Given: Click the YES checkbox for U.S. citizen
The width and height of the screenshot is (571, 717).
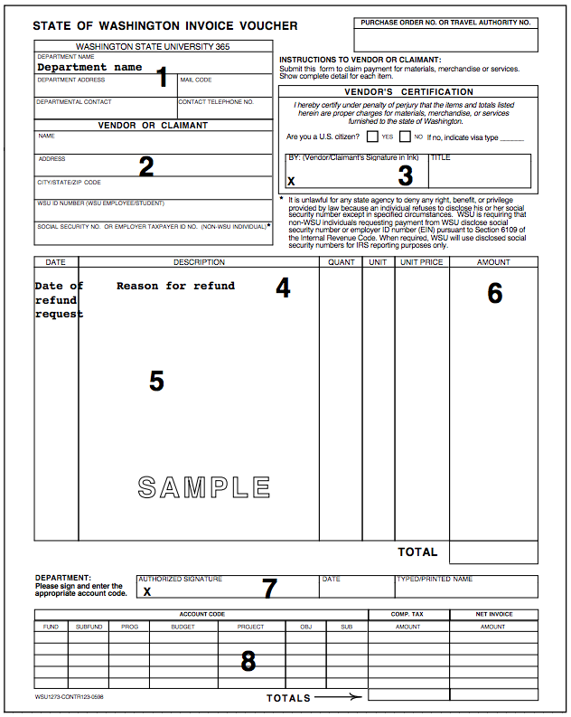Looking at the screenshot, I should click(x=372, y=137).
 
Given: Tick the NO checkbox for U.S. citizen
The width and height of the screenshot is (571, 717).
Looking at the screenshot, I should click(x=405, y=137).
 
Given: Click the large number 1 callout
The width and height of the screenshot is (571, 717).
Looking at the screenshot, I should click(x=163, y=77).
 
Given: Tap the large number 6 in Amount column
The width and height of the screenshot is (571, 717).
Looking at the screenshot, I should click(x=494, y=293).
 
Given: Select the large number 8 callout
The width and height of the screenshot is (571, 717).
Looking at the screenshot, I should click(x=248, y=661).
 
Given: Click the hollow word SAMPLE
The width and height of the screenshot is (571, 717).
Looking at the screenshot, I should click(x=204, y=487).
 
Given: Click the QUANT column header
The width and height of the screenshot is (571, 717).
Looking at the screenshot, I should click(x=341, y=262).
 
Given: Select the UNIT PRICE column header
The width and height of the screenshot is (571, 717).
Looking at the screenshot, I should click(x=422, y=262).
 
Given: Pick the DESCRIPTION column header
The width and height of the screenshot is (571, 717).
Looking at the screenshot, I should click(x=199, y=262).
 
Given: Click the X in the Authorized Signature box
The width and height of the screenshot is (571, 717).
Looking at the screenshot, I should click(x=147, y=591).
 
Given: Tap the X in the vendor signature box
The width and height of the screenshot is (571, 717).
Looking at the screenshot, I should click(x=291, y=181).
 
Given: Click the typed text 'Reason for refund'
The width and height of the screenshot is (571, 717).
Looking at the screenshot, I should click(x=175, y=286).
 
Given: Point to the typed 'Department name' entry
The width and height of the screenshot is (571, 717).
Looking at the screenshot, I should click(x=89, y=67).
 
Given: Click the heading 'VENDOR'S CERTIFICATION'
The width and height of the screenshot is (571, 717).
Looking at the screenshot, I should click(x=408, y=91).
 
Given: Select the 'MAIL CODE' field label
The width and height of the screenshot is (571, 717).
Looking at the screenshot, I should click(x=196, y=80).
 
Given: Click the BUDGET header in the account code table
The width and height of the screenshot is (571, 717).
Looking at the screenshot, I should click(x=183, y=627).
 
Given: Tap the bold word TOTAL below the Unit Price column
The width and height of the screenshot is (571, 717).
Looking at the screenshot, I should click(x=417, y=552).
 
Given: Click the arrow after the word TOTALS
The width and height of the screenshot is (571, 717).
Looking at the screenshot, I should click(x=339, y=697).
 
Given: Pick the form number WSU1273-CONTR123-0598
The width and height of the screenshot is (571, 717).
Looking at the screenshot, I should click(x=70, y=697).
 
